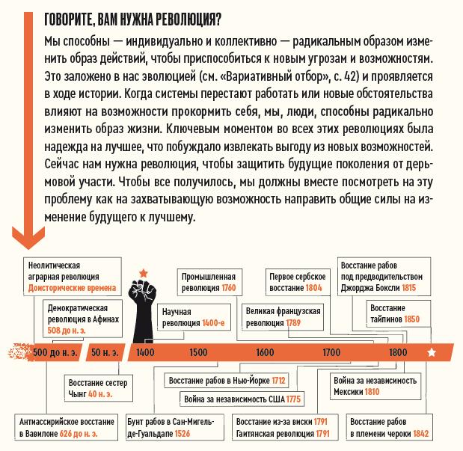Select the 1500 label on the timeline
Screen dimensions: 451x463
(x=198, y=352)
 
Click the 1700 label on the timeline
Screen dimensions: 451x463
(x=331, y=352)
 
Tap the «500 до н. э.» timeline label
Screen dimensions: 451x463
(x=50, y=352)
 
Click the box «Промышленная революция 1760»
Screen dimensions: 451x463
(x=209, y=281)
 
